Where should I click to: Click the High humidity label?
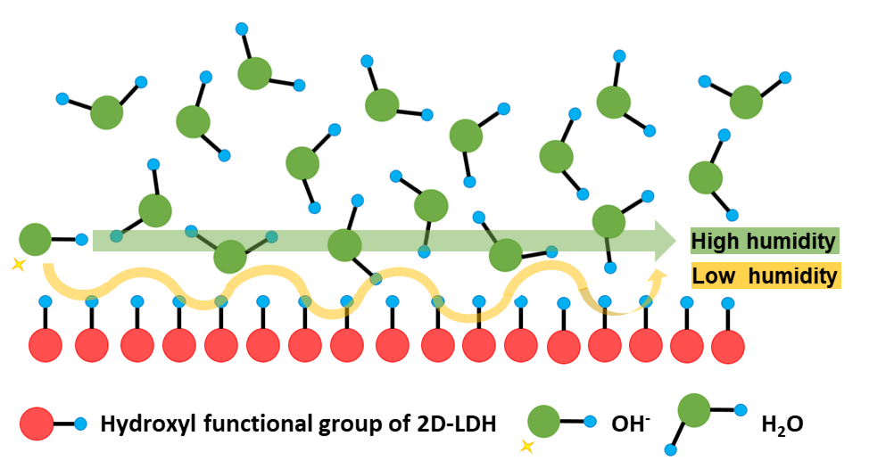tap(764, 241)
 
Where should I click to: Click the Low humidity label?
tap(764, 276)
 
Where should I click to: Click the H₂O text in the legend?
tap(782, 424)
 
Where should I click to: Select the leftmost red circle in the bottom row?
tap(46, 345)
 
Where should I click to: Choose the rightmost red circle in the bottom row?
tap(728, 345)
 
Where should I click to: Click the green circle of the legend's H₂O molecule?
tap(695, 411)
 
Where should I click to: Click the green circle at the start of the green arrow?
tap(36, 240)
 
